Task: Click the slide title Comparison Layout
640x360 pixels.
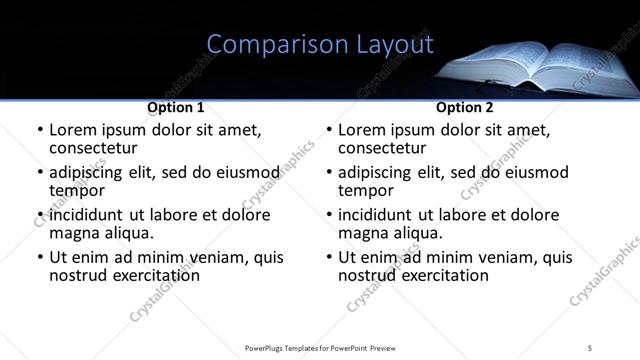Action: click(320, 44)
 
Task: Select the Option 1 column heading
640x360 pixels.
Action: click(176, 107)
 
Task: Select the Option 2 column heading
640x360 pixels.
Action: click(464, 107)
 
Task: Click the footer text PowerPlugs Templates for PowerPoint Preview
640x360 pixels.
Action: click(320, 347)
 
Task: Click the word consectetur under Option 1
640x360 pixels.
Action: click(92, 148)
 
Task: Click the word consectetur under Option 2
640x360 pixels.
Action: click(381, 148)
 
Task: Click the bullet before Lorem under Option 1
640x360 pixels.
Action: click(39, 131)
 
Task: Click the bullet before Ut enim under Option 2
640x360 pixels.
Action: click(328, 257)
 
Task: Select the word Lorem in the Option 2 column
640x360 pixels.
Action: click(362, 130)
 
